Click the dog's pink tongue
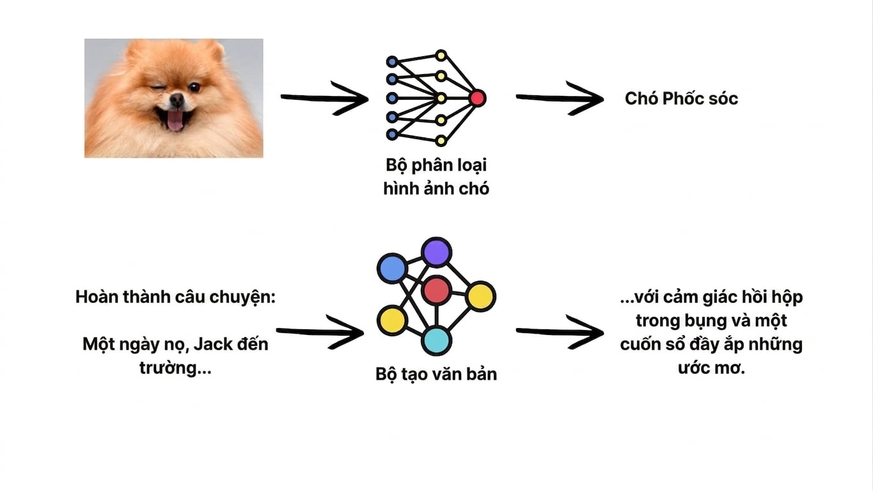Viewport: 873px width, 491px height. pyautogui.click(x=175, y=120)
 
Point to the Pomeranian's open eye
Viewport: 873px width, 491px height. pyautogui.click(x=194, y=88)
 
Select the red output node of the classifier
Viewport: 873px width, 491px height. pyautogui.click(x=477, y=98)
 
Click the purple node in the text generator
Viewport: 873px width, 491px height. pyautogui.click(x=436, y=252)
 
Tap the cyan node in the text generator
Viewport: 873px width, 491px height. pyautogui.click(x=436, y=341)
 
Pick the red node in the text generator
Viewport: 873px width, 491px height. pyautogui.click(x=436, y=290)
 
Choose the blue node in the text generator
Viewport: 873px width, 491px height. pyautogui.click(x=392, y=268)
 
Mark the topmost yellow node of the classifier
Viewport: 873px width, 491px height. pyautogui.click(x=441, y=56)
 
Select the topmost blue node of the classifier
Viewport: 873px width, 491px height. pyautogui.click(x=392, y=61)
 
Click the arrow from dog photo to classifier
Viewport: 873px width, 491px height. pyautogui.click(x=325, y=98)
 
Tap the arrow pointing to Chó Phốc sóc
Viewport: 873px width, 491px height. pyautogui.click(x=560, y=98)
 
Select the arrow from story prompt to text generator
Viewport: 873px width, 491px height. pyautogui.click(x=320, y=332)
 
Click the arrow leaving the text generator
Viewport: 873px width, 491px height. pyautogui.click(x=560, y=332)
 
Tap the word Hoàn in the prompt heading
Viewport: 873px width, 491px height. pyautogui.click(x=97, y=297)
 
